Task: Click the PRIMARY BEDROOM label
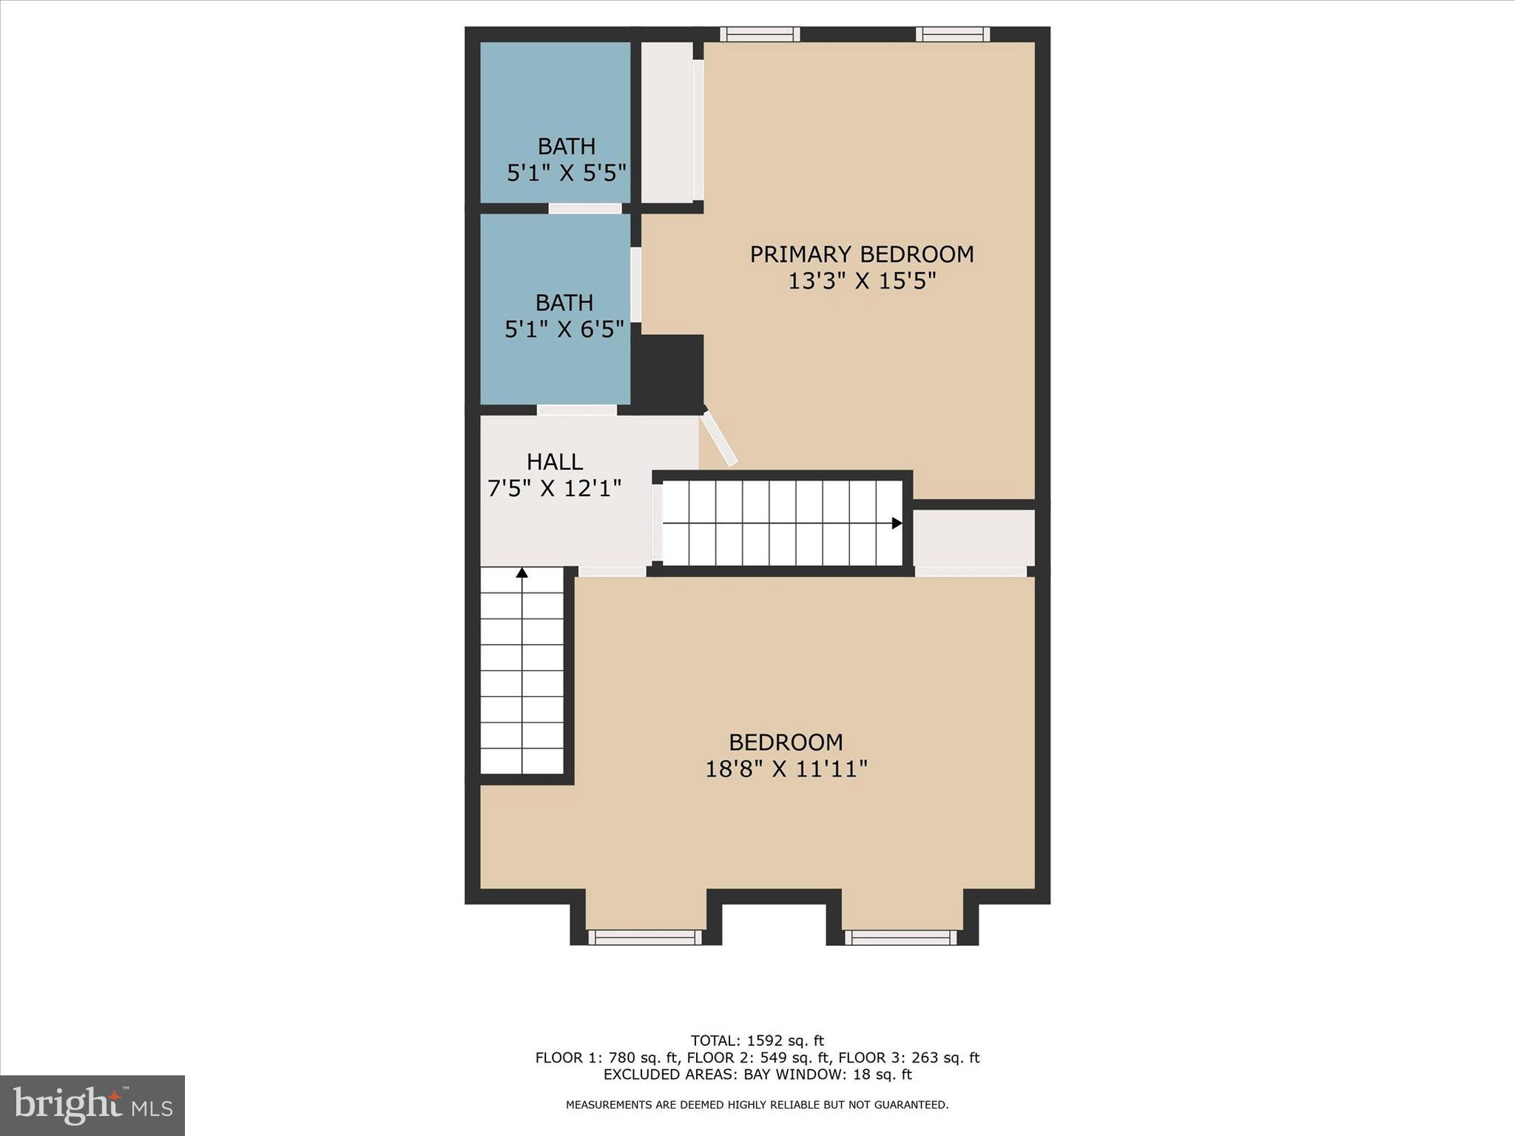(x=862, y=254)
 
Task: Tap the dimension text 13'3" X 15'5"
(x=862, y=282)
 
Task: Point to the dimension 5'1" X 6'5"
(x=564, y=329)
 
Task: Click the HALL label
(x=555, y=462)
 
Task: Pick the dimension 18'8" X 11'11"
(x=786, y=769)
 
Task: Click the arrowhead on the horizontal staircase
(x=897, y=524)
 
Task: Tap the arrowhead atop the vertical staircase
(x=522, y=572)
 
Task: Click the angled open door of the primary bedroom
(x=719, y=439)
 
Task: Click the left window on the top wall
(x=760, y=34)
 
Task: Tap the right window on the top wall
(x=953, y=34)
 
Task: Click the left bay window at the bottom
(x=645, y=937)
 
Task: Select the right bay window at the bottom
(x=901, y=937)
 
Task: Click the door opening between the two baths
(x=584, y=209)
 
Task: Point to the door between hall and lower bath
(x=576, y=410)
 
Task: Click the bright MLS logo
(x=92, y=1105)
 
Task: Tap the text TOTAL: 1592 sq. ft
(x=757, y=1041)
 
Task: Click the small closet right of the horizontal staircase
(x=974, y=538)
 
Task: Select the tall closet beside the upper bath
(x=667, y=122)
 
